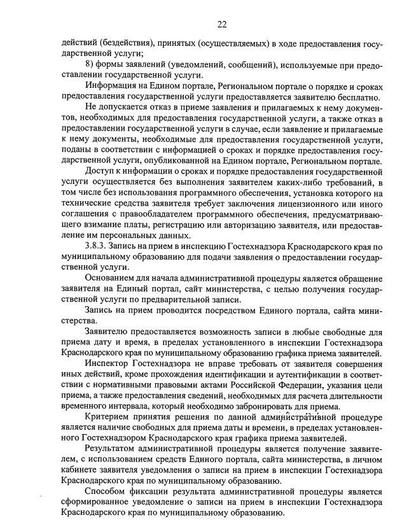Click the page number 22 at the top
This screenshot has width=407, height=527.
222,25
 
